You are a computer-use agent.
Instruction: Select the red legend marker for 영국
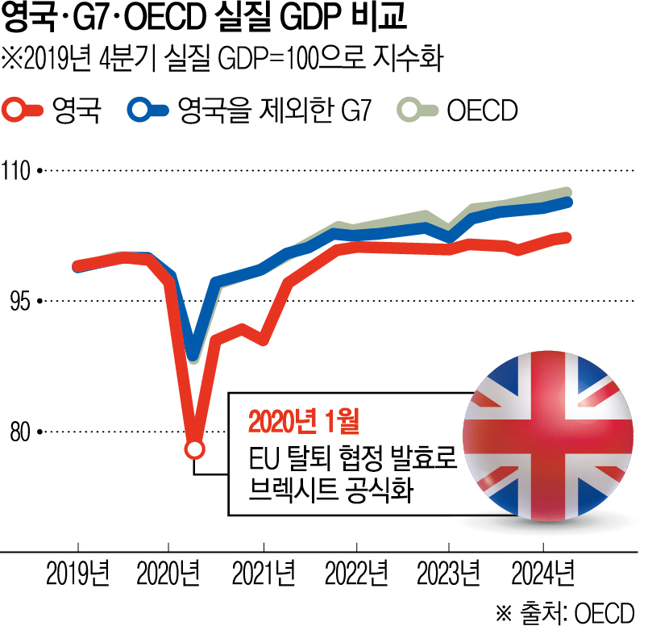pos(23,110)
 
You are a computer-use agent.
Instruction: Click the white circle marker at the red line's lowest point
pos(194,449)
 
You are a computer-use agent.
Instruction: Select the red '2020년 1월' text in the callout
pos(302,422)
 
